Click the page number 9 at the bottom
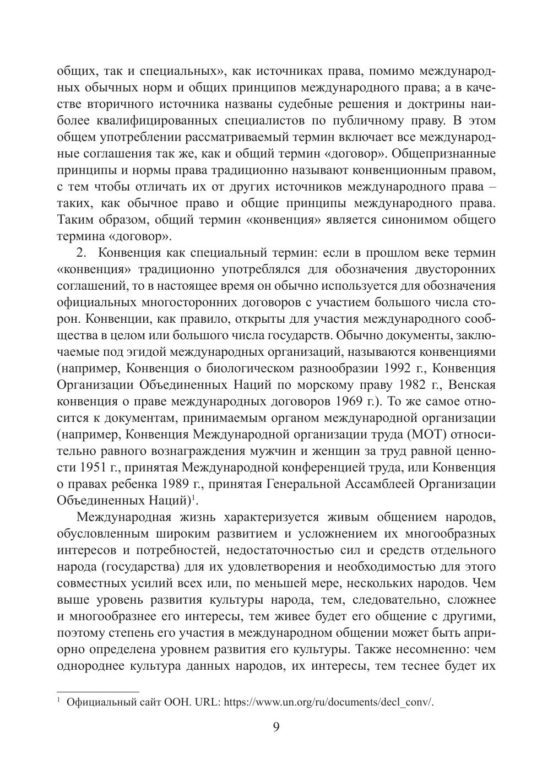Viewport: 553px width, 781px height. coord(276,728)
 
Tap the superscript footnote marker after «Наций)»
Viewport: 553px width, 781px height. coord(193,498)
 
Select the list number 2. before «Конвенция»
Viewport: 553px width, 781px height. coord(82,253)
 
